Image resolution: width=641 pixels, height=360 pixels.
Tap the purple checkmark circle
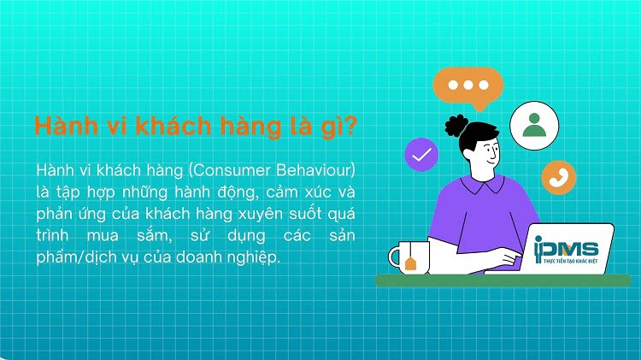425,156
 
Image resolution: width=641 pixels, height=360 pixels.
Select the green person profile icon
534,123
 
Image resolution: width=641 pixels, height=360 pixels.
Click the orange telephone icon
559,177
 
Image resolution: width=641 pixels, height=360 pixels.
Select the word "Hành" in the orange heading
61,127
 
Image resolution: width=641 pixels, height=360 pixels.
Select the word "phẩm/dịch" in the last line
71,257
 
